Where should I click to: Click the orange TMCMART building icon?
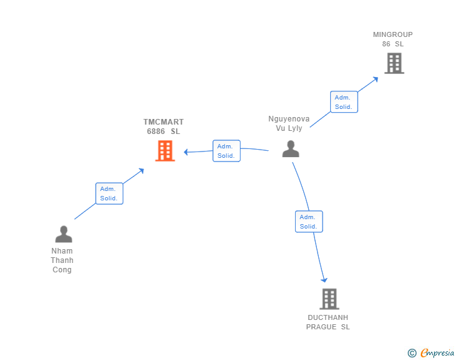165,151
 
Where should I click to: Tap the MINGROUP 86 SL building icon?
395,63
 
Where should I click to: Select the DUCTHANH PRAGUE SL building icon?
329,299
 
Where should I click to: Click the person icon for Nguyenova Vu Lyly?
291,149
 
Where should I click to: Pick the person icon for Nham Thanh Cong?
64,234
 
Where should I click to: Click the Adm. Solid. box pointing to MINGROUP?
344,102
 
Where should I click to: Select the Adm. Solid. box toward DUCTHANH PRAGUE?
309,222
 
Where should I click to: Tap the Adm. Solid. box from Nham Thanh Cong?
110,193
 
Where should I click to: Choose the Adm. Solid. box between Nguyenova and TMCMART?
226,151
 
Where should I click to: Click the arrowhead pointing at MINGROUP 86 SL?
375,79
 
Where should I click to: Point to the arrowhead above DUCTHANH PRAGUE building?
324,280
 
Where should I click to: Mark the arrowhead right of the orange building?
186,152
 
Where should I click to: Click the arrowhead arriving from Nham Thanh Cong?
142,171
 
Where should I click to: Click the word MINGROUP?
393,34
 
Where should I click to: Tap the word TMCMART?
163,122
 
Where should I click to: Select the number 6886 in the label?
156,131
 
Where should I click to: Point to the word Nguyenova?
289,119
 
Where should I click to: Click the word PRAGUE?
321,327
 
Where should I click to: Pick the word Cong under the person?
62,270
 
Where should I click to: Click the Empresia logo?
431,352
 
